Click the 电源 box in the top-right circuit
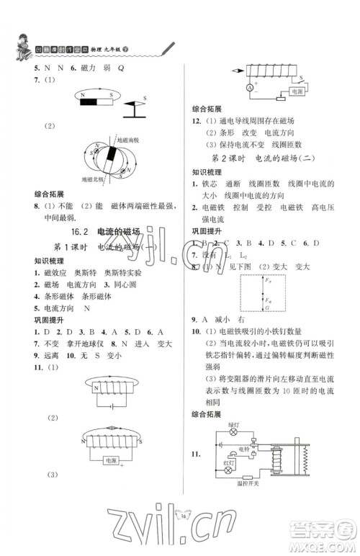coord(297,92)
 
